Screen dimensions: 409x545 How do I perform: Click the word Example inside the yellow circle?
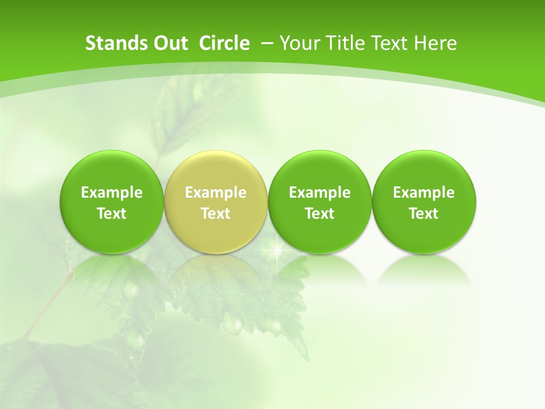pos(216,193)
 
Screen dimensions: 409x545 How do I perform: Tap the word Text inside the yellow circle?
pos(216,214)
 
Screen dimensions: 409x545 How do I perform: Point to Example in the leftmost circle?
pos(112,193)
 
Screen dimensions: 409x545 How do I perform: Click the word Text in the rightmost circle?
pos(424,214)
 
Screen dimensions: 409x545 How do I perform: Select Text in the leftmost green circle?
pos(112,214)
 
